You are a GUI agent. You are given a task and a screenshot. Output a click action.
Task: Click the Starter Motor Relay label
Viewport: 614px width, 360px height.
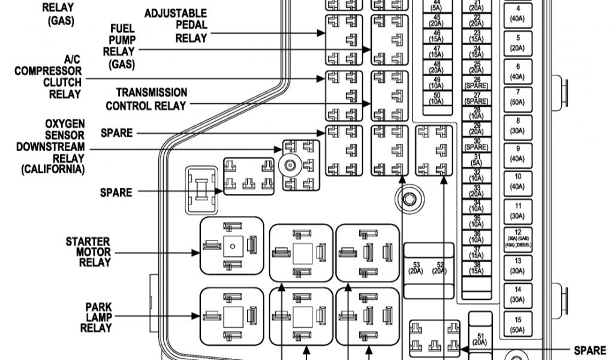click(x=88, y=252)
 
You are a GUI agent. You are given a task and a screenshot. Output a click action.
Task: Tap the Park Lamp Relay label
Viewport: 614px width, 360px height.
click(x=96, y=317)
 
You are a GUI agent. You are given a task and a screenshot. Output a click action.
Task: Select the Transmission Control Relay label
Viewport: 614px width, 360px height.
click(x=146, y=99)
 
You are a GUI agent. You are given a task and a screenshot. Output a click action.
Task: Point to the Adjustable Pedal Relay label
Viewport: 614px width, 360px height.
click(x=176, y=25)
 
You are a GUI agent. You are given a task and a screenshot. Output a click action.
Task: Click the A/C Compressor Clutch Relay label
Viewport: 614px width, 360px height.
click(x=48, y=77)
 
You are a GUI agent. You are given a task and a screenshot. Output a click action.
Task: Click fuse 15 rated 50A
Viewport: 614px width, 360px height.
click(x=517, y=325)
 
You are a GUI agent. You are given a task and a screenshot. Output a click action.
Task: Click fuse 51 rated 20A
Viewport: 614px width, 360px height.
click(x=480, y=339)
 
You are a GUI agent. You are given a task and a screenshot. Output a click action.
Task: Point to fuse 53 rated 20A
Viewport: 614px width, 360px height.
click(x=416, y=267)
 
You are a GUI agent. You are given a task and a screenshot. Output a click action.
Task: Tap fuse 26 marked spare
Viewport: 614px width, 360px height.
click(x=477, y=83)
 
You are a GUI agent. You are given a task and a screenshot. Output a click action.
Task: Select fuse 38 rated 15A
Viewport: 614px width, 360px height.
click(x=477, y=268)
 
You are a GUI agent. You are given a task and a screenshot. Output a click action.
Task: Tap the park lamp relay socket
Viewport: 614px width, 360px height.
click(x=231, y=315)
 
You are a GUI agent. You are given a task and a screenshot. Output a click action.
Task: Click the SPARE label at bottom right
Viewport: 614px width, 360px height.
click(x=590, y=350)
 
